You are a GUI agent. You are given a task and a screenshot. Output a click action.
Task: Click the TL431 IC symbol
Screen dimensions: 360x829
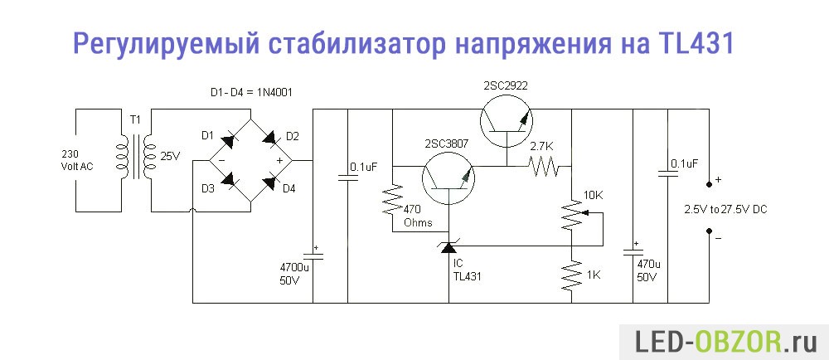448,246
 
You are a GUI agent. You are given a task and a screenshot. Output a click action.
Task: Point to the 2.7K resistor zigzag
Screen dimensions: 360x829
545,168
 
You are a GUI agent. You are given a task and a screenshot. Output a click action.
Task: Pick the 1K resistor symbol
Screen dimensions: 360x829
572,275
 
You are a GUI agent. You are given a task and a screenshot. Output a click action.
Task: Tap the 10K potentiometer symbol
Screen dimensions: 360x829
573,213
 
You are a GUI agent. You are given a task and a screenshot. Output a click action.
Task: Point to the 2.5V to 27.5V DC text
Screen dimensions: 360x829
725,209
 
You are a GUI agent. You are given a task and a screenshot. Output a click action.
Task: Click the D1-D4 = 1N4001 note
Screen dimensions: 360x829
251,92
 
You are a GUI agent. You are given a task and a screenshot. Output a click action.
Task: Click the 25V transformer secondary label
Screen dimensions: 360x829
170,156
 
